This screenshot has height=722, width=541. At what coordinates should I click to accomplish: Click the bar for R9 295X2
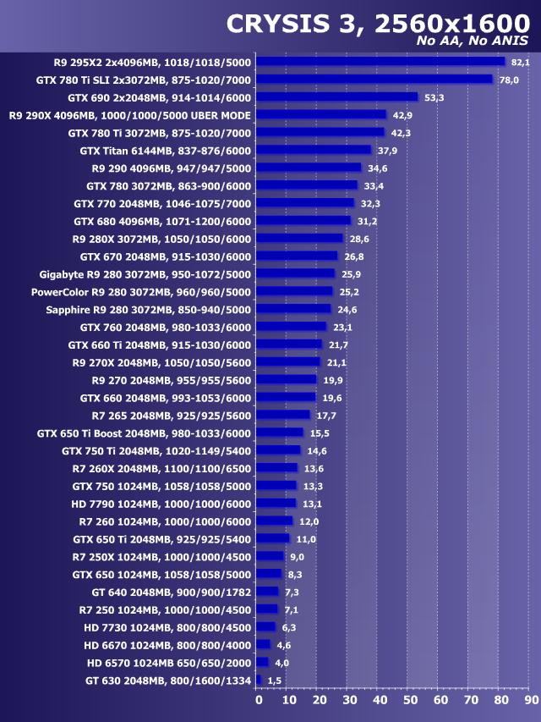pos(380,61)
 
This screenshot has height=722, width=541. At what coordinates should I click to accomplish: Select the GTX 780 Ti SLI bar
pos(374,79)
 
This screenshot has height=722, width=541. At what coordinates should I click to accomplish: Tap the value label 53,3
pos(434,97)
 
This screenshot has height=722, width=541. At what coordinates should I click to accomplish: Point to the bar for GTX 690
pos(337,96)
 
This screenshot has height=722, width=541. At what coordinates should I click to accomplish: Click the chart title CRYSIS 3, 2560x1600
pos(377,24)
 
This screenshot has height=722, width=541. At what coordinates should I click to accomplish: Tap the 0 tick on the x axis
pos(259,701)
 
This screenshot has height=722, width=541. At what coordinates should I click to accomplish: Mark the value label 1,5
pos(275,681)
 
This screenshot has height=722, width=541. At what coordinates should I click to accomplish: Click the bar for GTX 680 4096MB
pos(303,220)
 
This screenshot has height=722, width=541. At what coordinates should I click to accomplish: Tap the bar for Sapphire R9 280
pos(293,309)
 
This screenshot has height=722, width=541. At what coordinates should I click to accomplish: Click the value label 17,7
pos(326,416)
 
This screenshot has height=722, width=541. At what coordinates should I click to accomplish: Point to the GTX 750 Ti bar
pos(278,450)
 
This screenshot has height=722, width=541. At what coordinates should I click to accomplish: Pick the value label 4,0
pos(281,663)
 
